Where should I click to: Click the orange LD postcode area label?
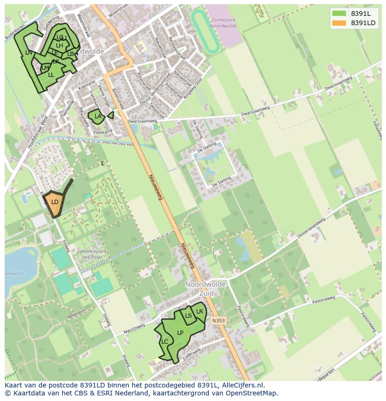pyautogui.click(x=55, y=202)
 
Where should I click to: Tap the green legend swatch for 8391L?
pyautogui.click(x=339, y=14)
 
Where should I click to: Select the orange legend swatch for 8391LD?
pyautogui.click(x=339, y=23)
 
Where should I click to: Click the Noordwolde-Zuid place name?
pyautogui.click(x=206, y=289)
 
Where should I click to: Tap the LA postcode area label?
pyautogui.click(x=98, y=116)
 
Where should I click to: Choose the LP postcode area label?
pyautogui.click(x=180, y=333)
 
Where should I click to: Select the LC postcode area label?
pyautogui.click(x=165, y=341)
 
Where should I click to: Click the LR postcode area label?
pyautogui.click(x=200, y=312)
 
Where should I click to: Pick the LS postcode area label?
pyautogui.click(x=188, y=315)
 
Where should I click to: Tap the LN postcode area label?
pyautogui.click(x=29, y=52)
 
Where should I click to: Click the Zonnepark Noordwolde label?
pyautogui.click(x=224, y=23)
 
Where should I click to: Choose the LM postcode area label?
pyautogui.click(x=45, y=68)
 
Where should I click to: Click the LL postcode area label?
pyautogui.click(x=51, y=75)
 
